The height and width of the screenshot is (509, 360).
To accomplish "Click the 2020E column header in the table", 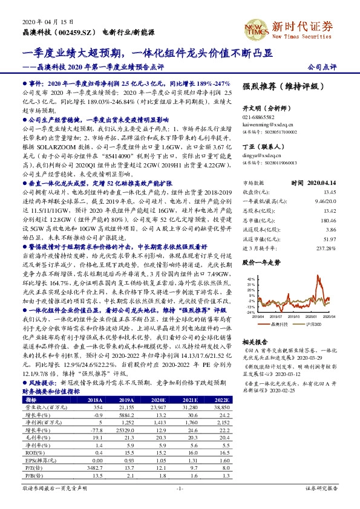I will point(157,400).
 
